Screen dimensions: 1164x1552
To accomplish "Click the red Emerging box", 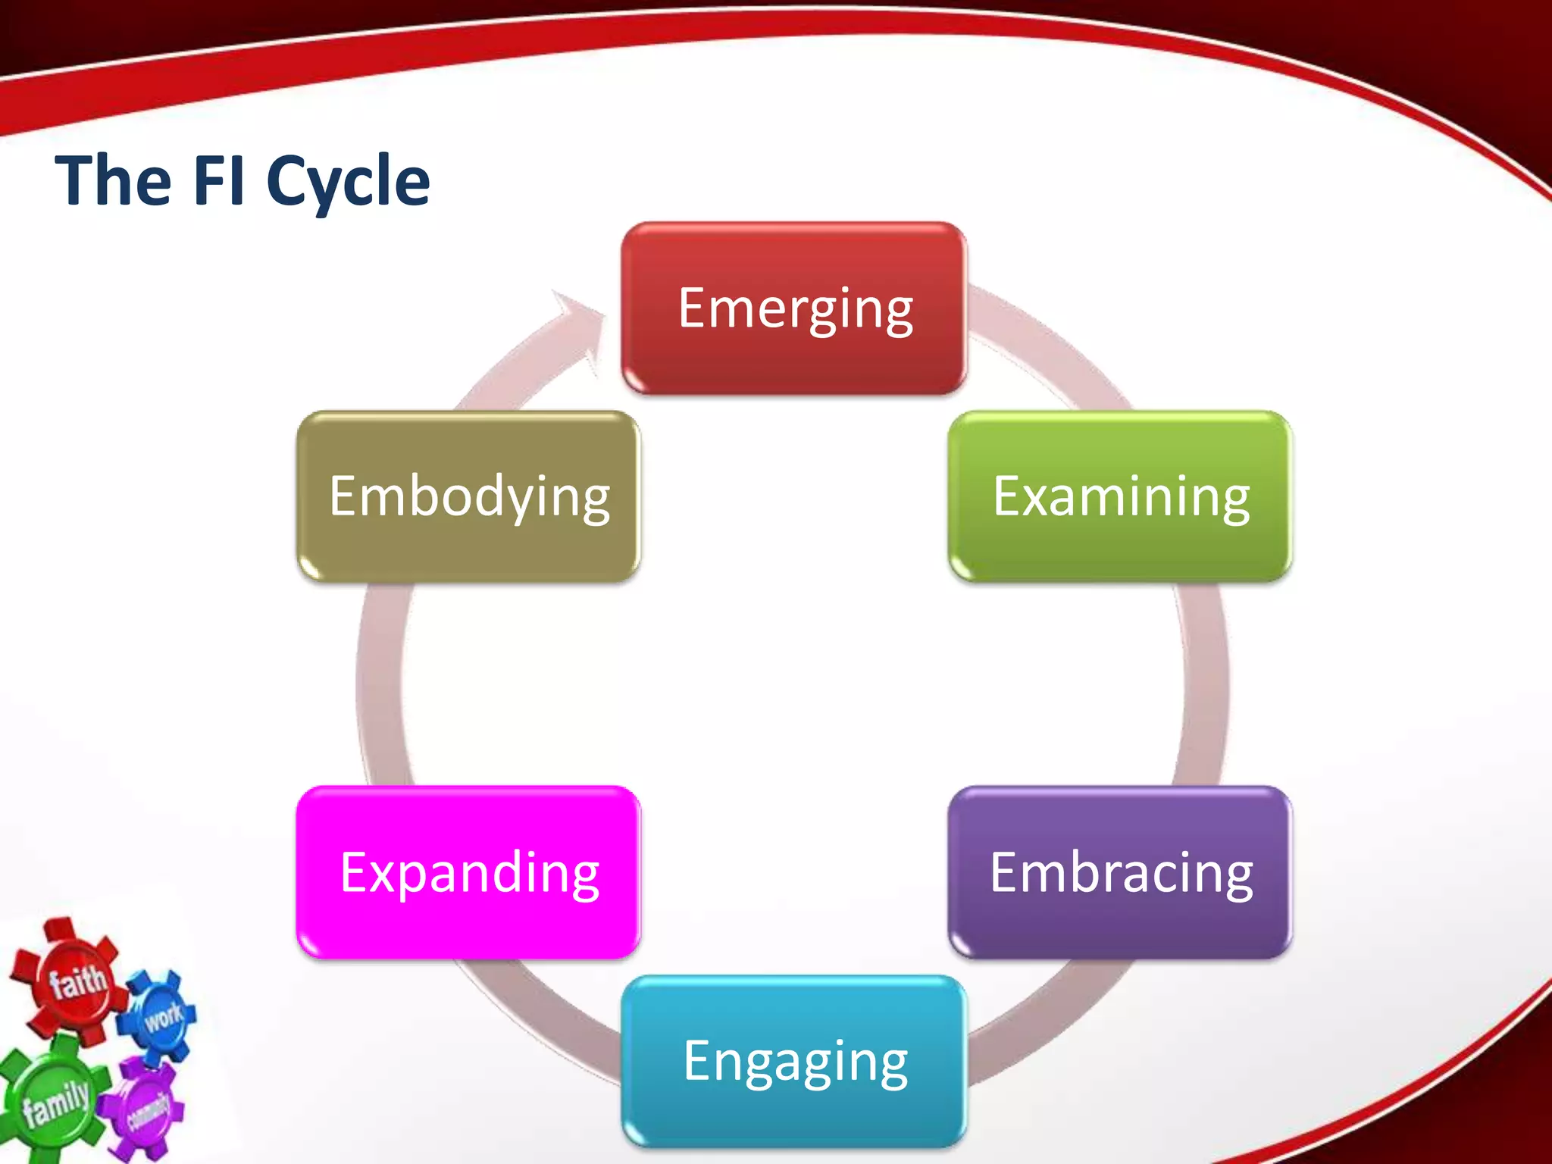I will pyautogui.click(x=793, y=308).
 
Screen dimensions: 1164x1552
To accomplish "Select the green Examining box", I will pyautogui.click(x=1120, y=496).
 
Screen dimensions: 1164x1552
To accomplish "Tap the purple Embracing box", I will pyautogui.click(x=1120, y=872).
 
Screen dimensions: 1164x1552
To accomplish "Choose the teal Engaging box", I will pyautogui.click(x=793, y=1061).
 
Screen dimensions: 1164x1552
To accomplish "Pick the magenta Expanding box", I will pyautogui.click(x=468, y=872).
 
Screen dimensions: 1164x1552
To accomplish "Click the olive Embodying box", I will pyautogui.click(x=468, y=496).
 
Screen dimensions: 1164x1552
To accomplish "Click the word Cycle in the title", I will pyautogui.click(x=348, y=182).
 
